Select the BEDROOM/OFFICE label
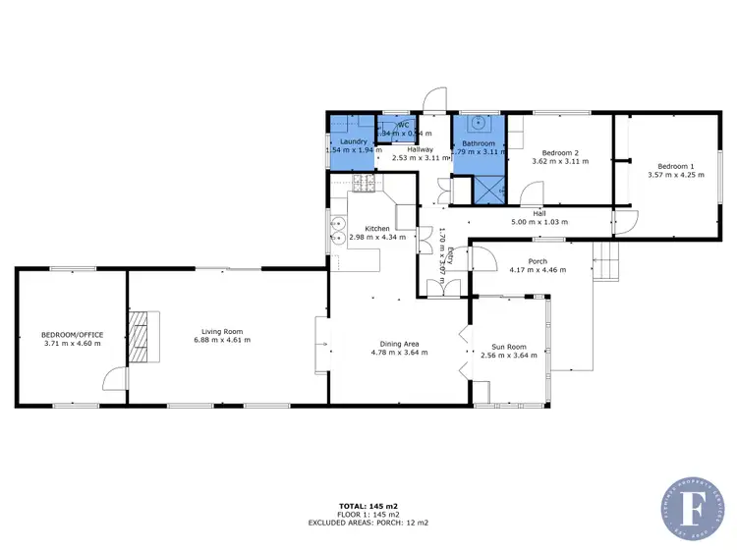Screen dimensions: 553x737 [x=72, y=335]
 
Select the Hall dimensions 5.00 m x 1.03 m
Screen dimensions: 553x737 [x=539, y=221]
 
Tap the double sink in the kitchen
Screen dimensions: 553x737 [x=336, y=229]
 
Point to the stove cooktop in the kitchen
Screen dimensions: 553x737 [x=365, y=181]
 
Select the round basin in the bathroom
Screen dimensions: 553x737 [x=480, y=124]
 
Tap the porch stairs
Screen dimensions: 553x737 [x=608, y=262]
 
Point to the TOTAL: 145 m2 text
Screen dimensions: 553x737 [x=368, y=506]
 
